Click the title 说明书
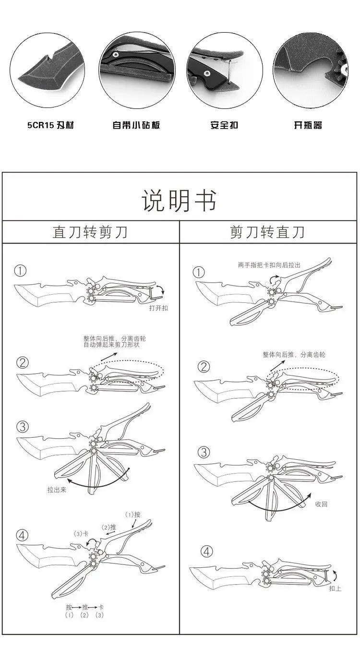click(x=179, y=201)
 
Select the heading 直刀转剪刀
click(x=90, y=232)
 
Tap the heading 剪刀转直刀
click(x=267, y=232)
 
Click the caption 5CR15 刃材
click(x=50, y=125)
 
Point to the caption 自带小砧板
click(x=136, y=125)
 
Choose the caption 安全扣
click(x=224, y=125)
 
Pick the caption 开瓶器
click(x=308, y=125)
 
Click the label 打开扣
click(x=158, y=308)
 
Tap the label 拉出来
click(x=57, y=490)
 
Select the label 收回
click(x=321, y=504)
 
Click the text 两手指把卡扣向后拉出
click(x=269, y=265)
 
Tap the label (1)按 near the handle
click(x=132, y=515)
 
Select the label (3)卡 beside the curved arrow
click(x=81, y=534)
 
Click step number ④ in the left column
click(x=23, y=536)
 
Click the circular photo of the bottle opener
click(x=311, y=70)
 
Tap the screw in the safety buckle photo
click(x=207, y=73)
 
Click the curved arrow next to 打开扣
click(x=161, y=290)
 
